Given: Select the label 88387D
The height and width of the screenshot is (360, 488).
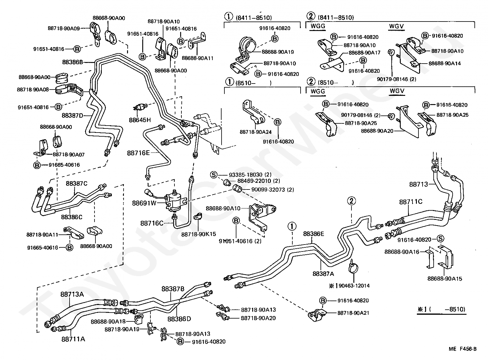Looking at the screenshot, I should [72, 115].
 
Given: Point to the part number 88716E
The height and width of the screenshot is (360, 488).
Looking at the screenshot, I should [138, 153].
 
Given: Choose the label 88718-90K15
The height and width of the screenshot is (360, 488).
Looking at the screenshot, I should [198, 234].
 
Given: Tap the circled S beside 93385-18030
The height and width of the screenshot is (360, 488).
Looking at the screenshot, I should [214, 175].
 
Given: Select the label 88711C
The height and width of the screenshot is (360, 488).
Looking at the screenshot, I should [411, 202].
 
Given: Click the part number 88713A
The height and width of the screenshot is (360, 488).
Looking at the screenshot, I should [72, 294].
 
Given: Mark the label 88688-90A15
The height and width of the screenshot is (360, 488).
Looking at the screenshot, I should [445, 279].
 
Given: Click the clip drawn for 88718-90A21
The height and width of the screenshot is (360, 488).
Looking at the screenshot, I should [317, 313].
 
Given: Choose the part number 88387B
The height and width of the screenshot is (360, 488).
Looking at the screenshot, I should [173, 289].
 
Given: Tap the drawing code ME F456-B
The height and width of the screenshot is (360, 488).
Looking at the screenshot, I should [462, 349].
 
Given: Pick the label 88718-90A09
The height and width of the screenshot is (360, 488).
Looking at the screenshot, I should [64, 28].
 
